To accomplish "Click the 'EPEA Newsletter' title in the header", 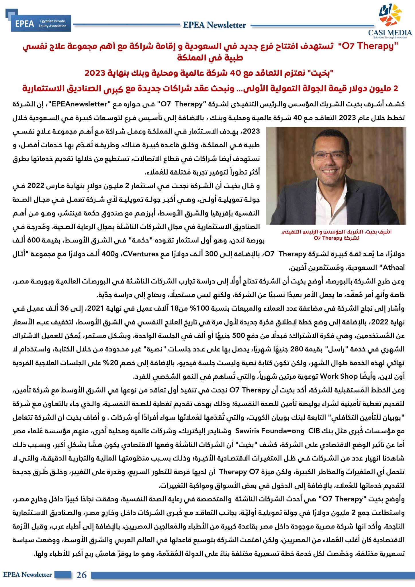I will [214, 25].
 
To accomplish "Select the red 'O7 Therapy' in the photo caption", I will [328, 238].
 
